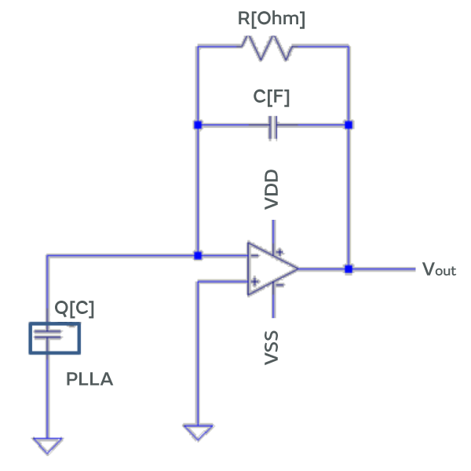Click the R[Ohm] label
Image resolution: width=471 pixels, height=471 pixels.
click(x=271, y=19)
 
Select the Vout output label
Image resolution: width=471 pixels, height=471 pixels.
click(x=439, y=270)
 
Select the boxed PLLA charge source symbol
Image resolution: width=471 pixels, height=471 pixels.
click(x=55, y=338)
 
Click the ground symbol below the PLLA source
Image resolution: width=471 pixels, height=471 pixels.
click(x=48, y=445)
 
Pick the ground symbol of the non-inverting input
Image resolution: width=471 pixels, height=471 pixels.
click(x=197, y=432)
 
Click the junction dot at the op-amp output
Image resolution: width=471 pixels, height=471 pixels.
click(x=349, y=268)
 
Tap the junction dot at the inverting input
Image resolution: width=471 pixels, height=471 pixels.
click(x=198, y=255)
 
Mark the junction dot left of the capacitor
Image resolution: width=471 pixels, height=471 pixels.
click(x=198, y=125)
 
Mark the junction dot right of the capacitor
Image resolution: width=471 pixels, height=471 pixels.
click(x=349, y=125)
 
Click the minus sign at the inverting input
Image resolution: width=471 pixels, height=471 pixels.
click(x=254, y=255)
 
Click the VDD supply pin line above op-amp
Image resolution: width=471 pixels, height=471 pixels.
click(x=272, y=232)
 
